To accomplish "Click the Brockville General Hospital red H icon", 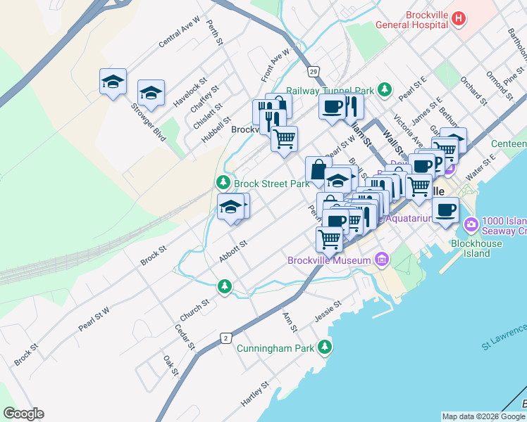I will (x=459, y=18).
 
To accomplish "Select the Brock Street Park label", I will (x=272, y=184).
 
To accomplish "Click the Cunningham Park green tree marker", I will (x=324, y=346).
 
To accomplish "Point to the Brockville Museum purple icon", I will (x=382, y=260).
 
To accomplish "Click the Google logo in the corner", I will (x=23, y=414).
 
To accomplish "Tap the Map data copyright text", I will (x=484, y=416).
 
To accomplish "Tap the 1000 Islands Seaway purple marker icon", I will (x=471, y=225).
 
